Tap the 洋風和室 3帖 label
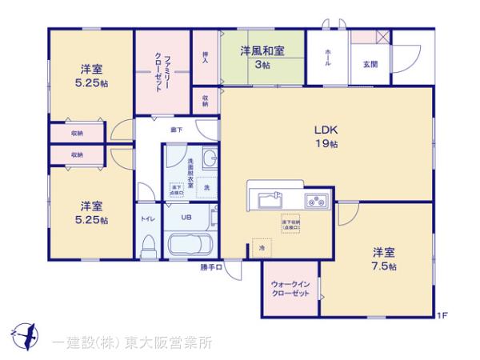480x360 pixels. tap(262, 57)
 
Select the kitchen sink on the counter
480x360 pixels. tap(268, 199)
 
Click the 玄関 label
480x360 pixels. tap(370, 63)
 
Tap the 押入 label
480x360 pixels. tap(206, 55)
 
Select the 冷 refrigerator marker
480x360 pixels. tap(260, 249)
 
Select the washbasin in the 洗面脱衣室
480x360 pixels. tap(210, 160)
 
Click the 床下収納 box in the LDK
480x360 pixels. tap(290, 224)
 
